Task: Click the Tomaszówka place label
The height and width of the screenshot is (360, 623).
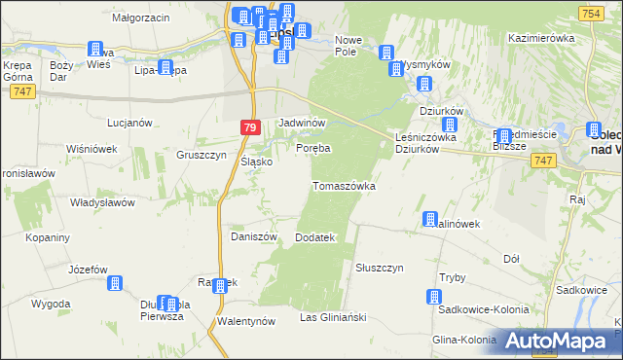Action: pos(344,186)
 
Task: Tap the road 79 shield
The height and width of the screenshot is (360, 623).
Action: pos(250,127)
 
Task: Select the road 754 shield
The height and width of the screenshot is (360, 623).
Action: pos(590,12)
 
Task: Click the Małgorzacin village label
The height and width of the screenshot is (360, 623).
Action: pos(141,18)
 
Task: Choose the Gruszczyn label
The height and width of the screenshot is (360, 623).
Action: pos(202,155)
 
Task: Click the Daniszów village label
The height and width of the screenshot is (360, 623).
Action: pos(254,236)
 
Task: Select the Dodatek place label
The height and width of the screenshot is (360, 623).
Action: pos(314,237)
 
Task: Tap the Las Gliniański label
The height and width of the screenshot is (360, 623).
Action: pos(332,318)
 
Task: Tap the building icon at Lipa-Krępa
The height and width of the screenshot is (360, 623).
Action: pos(165,68)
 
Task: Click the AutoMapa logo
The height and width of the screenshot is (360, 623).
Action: pos(561,342)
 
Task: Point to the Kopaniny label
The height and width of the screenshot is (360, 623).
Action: pos(47,237)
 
